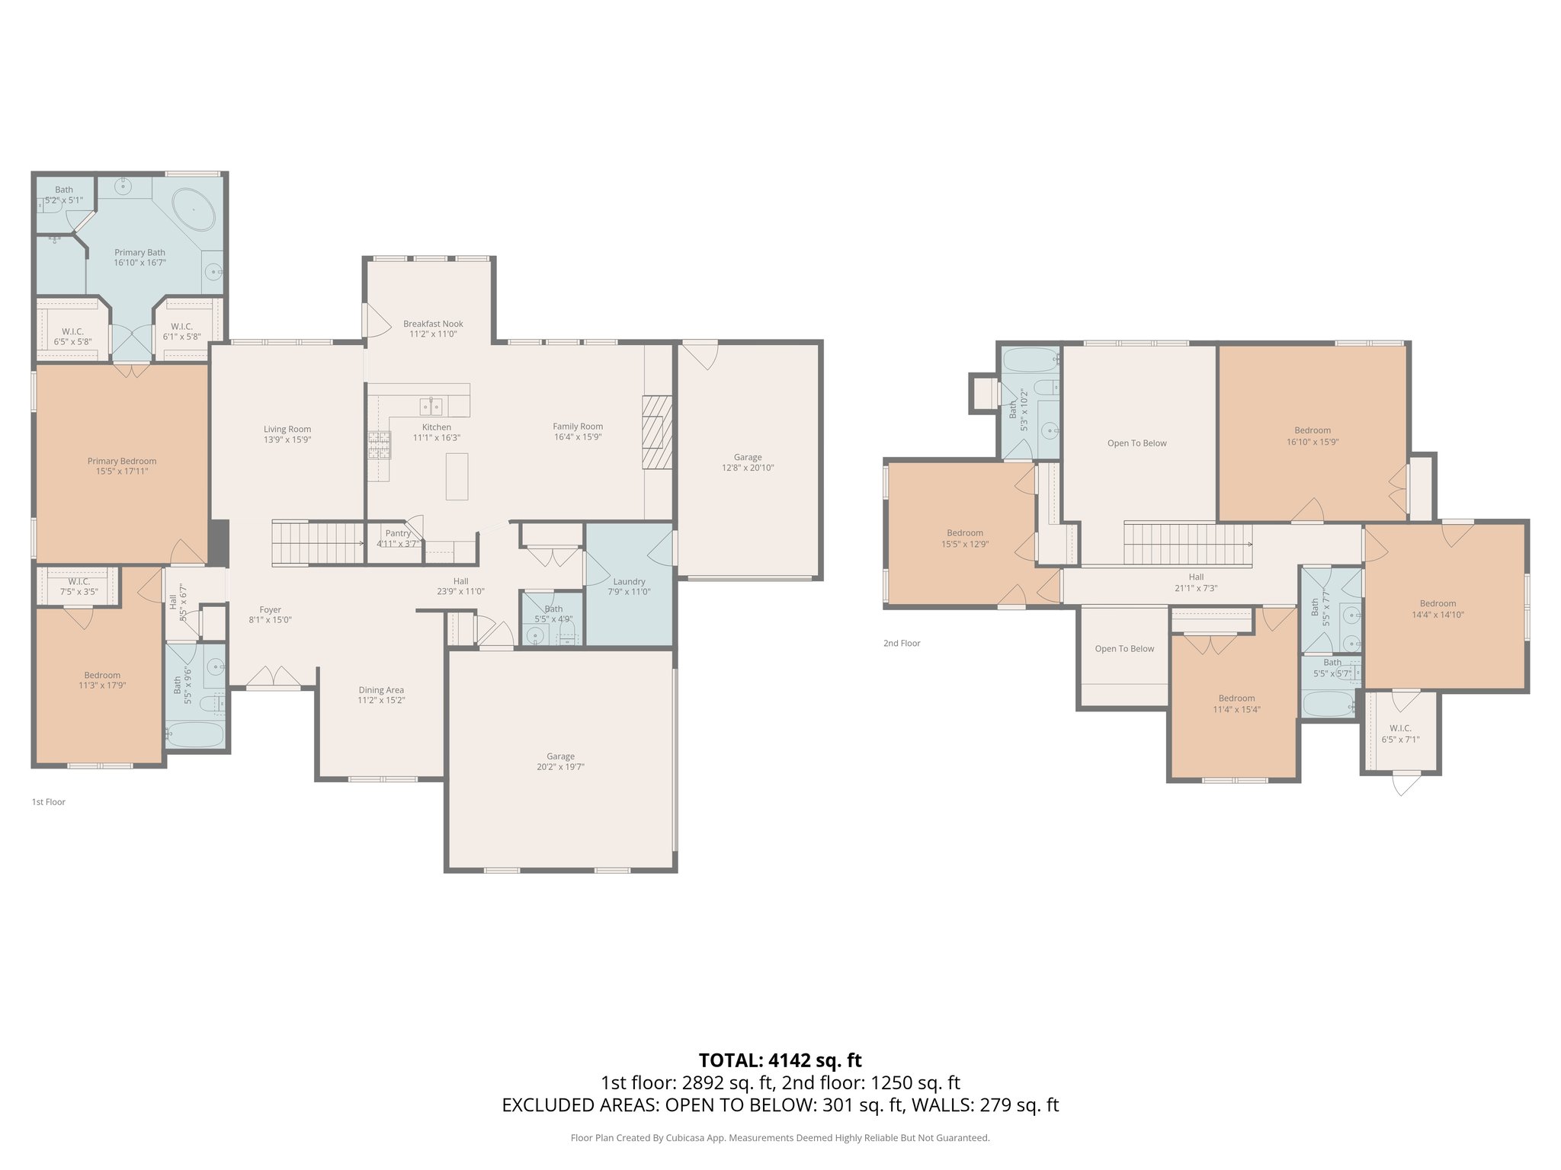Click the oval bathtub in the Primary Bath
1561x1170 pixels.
click(x=194, y=209)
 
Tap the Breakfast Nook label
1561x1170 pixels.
click(x=433, y=324)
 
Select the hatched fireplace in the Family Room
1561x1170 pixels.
click(x=657, y=433)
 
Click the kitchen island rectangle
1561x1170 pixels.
click(x=457, y=476)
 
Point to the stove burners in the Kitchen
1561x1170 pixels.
click(x=380, y=444)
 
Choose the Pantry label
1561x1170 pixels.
click(x=398, y=533)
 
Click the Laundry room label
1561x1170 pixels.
click(x=629, y=581)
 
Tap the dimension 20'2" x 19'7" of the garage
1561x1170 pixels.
click(x=560, y=767)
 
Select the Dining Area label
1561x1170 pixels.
click(x=381, y=690)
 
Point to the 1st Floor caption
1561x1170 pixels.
click(x=48, y=802)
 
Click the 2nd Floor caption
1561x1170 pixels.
click(x=902, y=643)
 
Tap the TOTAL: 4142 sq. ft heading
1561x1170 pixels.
click(x=780, y=1060)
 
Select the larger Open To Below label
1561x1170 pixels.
click(x=1136, y=443)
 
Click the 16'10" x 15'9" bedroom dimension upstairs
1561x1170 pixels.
click(x=1312, y=441)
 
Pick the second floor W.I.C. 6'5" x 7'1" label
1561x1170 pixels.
click(x=1400, y=739)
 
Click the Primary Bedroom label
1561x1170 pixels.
click(x=122, y=461)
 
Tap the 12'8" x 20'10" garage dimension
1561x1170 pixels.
click(x=748, y=468)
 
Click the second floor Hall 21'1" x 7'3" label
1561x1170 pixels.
click(x=1196, y=583)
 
